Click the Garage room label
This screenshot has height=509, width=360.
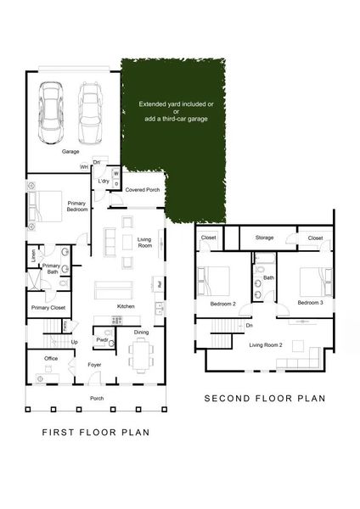click(70, 152)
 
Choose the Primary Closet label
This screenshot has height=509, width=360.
click(48, 308)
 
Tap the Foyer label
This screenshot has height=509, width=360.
click(94, 366)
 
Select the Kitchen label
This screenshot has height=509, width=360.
click(127, 305)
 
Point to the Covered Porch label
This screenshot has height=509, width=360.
click(143, 189)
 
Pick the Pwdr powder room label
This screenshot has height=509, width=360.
click(102, 339)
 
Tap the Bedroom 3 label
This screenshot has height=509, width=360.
click(310, 303)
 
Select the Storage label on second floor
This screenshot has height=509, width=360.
click(264, 238)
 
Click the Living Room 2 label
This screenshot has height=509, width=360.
click(265, 344)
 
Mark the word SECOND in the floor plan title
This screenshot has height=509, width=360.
click(224, 399)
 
